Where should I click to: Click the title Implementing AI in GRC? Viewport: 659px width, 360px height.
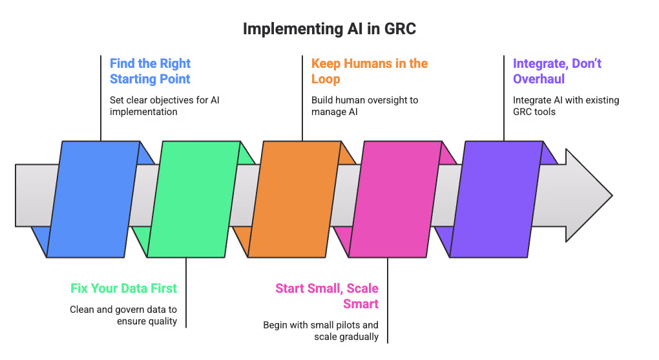click(x=329, y=29)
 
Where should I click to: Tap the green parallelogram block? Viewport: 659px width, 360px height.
click(x=193, y=198)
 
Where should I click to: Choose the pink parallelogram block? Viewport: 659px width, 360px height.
click(x=395, y=198)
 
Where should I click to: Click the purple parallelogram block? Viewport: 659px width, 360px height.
click(x=496, y=198)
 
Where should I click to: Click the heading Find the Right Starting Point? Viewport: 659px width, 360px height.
click(x=150, y=71)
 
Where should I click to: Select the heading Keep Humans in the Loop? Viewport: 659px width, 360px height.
click(x=369, y=71)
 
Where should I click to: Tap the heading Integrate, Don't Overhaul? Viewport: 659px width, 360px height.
click(x=557, y=71)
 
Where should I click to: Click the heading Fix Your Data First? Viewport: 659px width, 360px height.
click(x=123, y=288)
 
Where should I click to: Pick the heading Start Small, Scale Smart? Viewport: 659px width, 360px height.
click(x=327, y=295)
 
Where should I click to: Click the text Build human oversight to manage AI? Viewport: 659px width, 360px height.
click(x=365, y=106)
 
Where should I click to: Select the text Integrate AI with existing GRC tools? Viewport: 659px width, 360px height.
click(x=566, y=106)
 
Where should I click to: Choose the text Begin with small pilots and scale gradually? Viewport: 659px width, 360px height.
click(x=320, y=331)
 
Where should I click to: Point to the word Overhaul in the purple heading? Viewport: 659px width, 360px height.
click(x=539, y=79)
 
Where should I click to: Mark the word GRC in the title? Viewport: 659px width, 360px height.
click(x=399, y=29)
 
